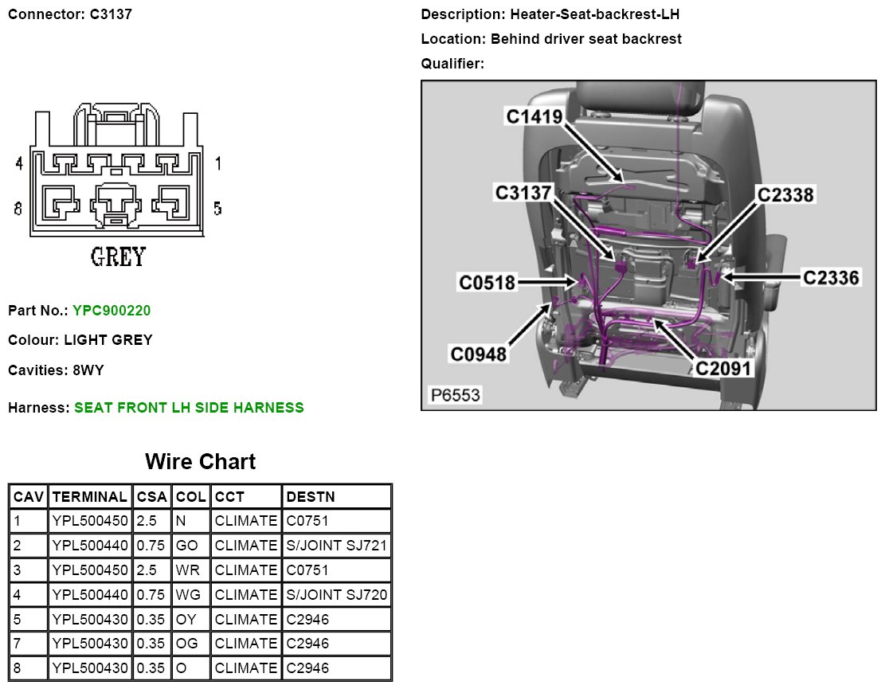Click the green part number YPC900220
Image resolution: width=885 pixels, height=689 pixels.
point(112,310)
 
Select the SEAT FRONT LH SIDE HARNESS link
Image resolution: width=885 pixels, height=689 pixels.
point(189,408)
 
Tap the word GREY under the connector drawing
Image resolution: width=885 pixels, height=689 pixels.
point(118,257)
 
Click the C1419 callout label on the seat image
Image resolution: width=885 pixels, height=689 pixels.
point(535,116)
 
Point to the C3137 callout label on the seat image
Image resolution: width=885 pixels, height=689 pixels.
point(523,193)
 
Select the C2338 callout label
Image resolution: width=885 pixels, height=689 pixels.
point(785,194)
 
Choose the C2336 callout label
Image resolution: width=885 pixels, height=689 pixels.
point(831,277)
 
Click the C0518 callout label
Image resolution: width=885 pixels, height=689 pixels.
point(487,282)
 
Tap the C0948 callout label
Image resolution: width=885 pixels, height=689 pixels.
point(478,354)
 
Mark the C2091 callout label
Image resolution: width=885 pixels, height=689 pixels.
point(723,369)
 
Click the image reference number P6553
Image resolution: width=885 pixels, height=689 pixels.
point(455,395)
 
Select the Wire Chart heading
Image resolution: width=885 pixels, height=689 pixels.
point(200,462)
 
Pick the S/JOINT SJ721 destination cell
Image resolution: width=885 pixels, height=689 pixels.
point(336,546)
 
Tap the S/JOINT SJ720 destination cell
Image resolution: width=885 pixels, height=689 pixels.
point(336,595)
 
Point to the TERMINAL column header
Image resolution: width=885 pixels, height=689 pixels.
point(89,497)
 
